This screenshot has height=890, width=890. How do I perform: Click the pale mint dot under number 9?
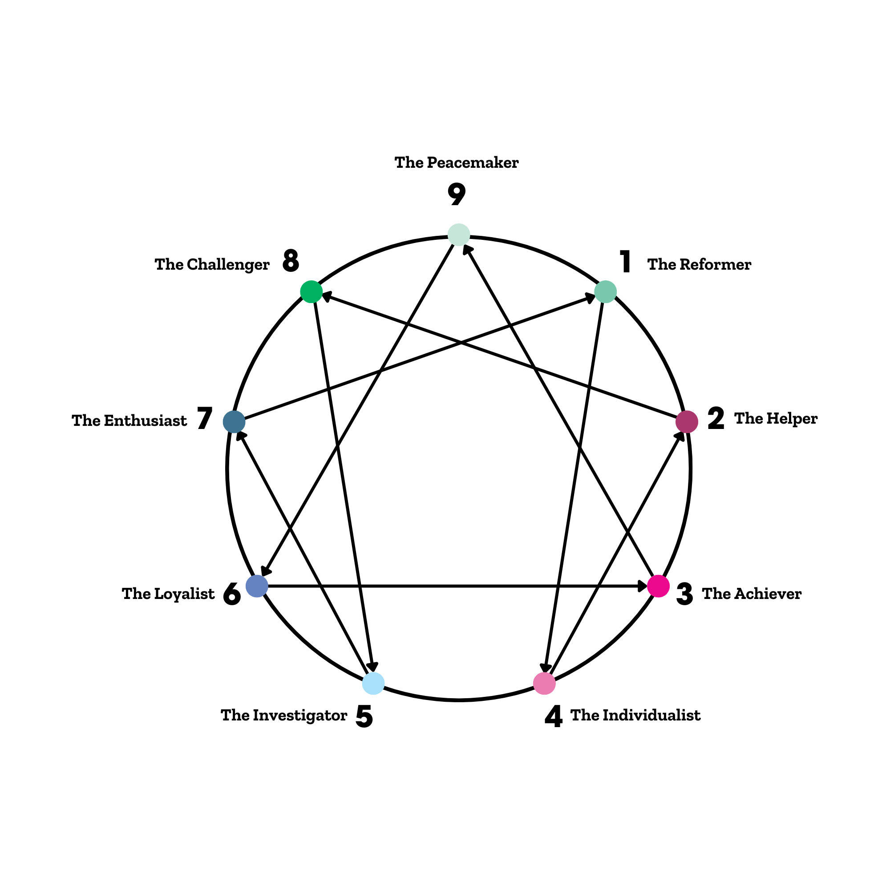pyautogui.click(x=459, y=235)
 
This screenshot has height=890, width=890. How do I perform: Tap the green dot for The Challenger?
pyautogui.click(x=311, y=291)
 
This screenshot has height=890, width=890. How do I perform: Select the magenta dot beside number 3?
pyautogui.click(x=658, y=586)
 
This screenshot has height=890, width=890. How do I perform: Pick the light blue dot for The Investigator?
pyautogui.click(x=373, y=683)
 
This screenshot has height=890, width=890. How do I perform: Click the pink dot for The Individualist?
pyautogui.click(x=544, y=683)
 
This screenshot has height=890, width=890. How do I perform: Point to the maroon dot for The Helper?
pyautogui.click(x=686, y=421)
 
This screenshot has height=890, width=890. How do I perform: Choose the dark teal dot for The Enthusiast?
pyautogui.click(x=234, y=421)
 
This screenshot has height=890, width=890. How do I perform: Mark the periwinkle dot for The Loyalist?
pyautogui.click(x=257, y=586)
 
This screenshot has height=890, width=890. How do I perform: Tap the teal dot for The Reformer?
pyautogui.click(x=605, y=291)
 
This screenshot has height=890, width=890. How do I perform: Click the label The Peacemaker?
pyautogui.click(x=457, y=162)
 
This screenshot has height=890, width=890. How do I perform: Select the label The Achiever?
pyautogui.click(x=752, y=594)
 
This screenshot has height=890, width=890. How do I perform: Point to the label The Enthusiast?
pyautogui.click(x=129, y=421)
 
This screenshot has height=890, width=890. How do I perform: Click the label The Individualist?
pyautogui.click(x=635, y=716)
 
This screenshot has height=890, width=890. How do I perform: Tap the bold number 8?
pyautogui.click(x=291, y=261)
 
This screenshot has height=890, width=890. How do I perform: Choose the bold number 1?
pyautogui.click(x=625, y=262)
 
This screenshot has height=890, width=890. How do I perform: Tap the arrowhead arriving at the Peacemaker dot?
pyautogui.click(x=468, y=250)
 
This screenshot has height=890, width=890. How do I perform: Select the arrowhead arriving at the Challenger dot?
pyautogui.click(x=327, y=297)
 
